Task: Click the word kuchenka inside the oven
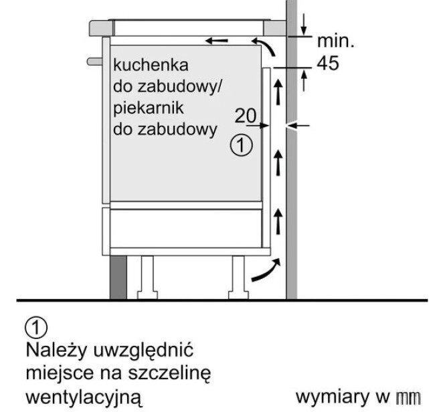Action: (x=151, y=65)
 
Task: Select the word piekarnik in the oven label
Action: (x=149, y=108)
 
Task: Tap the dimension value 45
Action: (x=328, y=63)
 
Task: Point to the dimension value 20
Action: (x=246, y=115)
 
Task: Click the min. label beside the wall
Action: (x=336, y=41)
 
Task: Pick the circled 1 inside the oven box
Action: (x=242, y=145)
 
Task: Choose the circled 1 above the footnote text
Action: (x=36, y=328)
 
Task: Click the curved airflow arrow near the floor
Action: (x=266, y=271)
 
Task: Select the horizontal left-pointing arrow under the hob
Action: (x=217, y=41)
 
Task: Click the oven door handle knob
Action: (x=95, y=62)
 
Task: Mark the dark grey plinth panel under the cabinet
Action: (x=118, y=278)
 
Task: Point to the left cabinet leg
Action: (x=147, y=278)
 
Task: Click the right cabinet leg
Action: (x=238, y=278)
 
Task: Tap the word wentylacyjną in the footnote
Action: (x=84, y=398)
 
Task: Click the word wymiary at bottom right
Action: (x=333, y=397)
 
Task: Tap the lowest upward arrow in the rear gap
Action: (x=278, y=221)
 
